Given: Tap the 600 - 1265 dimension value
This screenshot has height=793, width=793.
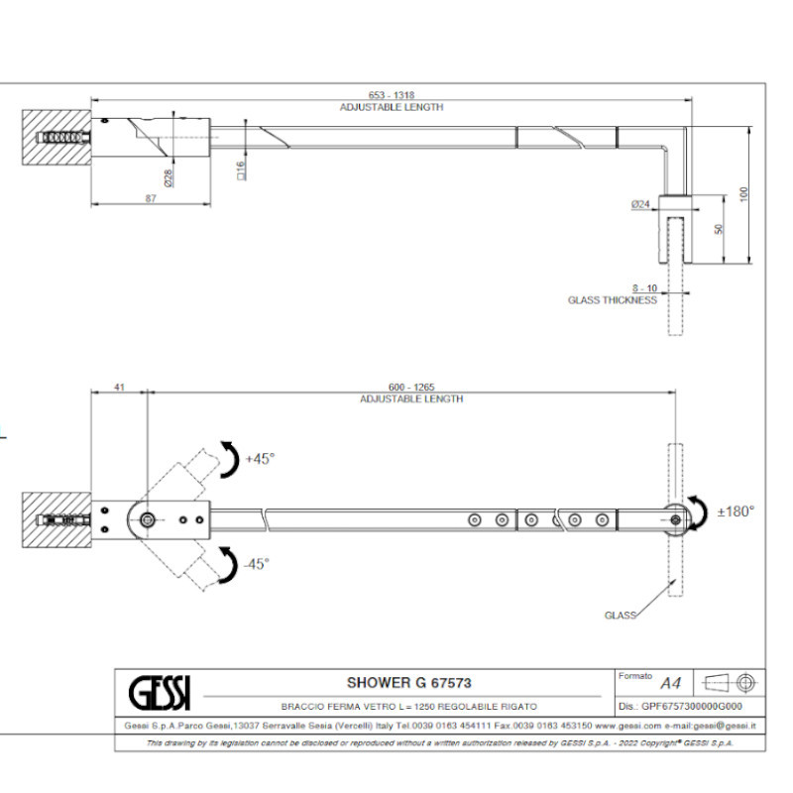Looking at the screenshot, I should pyautogui.click(x=411, y=388).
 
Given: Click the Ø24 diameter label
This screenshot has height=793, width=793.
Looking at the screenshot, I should pyautogui.click(x=639, y=204).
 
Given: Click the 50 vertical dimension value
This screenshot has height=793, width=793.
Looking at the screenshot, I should pyautogui.click(x=720, y=229).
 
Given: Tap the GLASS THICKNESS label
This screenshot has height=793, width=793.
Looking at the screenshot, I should pyautogui.click(x=612, y=299).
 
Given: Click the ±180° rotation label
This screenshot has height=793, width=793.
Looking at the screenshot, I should pyautogui.click(x=736, y=511).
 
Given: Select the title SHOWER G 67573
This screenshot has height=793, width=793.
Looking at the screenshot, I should pyautogui.click(x=407, y=682).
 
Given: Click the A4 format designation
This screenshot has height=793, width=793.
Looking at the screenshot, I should pyautogui.click(x=671, y=682).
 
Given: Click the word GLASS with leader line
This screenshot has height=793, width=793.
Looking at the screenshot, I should pyautogui.click(x=620, y=616).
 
